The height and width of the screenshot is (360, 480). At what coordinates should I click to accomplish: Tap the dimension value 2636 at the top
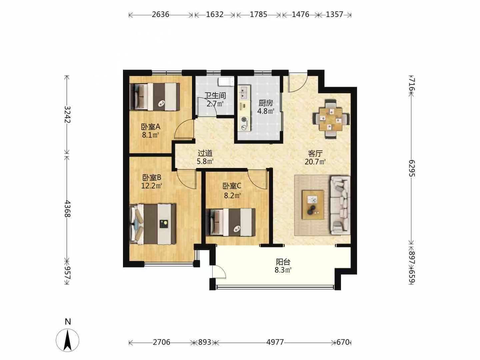161,14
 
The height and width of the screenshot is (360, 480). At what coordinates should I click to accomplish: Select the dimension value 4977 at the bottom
275,342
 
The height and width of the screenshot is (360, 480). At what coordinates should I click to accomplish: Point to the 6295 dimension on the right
412,168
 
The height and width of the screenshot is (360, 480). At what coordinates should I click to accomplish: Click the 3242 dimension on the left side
68,115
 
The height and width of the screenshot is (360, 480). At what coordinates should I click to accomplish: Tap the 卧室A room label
151,127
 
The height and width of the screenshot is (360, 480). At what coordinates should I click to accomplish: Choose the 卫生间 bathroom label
215,96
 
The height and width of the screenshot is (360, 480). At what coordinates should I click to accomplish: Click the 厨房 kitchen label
266,103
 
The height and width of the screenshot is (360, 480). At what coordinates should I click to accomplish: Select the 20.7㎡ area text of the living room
315,162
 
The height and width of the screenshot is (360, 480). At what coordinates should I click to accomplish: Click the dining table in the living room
331,119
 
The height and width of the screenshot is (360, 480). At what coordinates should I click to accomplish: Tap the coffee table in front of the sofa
313,205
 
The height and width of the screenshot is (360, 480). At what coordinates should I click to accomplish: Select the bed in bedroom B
153,224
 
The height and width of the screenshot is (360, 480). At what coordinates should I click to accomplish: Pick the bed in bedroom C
231,222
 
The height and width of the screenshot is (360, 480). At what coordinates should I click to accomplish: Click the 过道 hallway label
205,153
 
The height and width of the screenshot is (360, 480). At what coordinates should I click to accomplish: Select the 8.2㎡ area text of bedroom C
232,195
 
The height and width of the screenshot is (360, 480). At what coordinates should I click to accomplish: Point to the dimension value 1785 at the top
258,14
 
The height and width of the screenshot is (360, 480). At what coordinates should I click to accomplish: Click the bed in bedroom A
155,96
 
